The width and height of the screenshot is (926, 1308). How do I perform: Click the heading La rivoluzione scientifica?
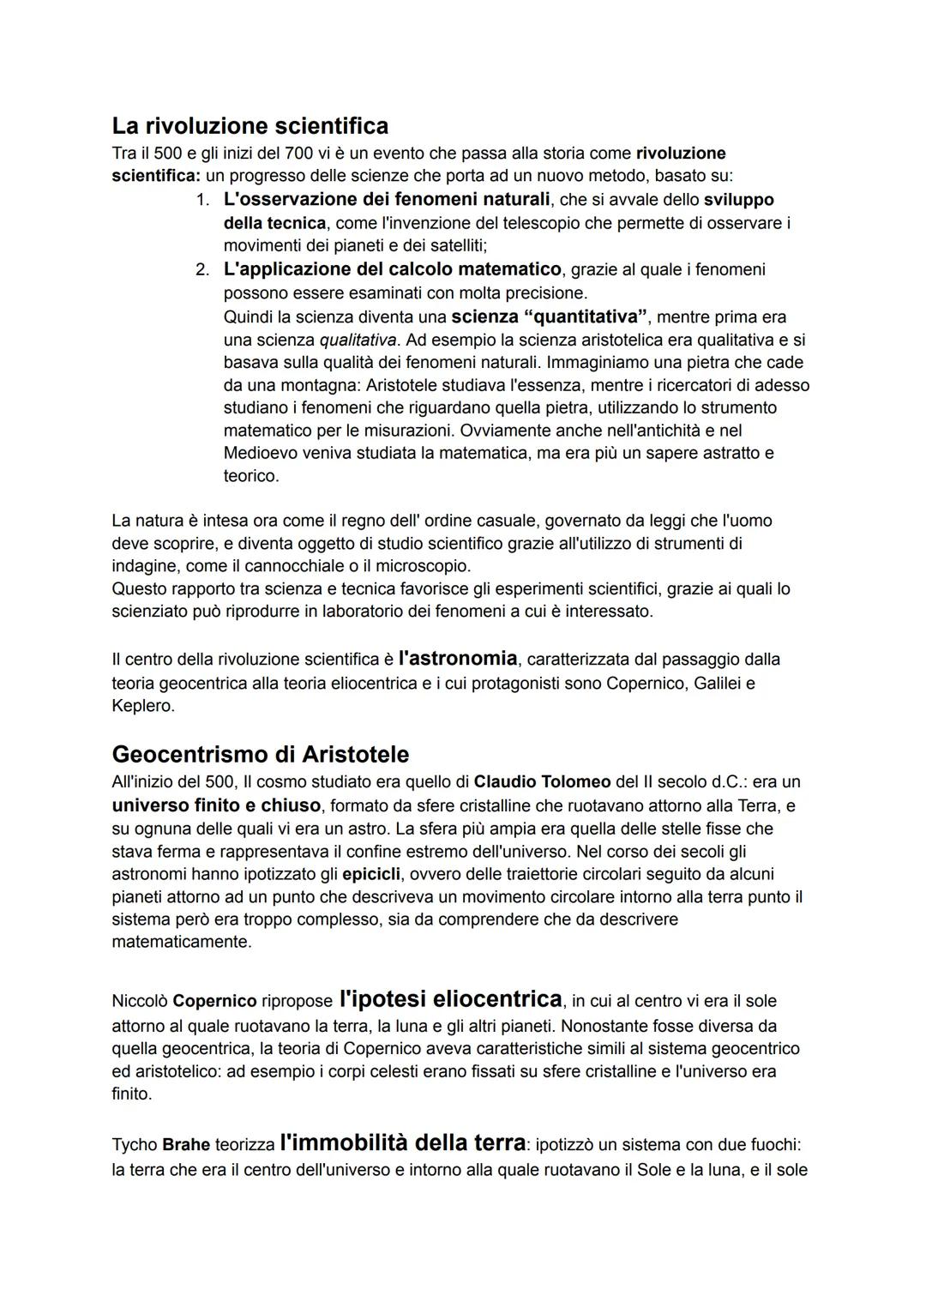tap(250, 126)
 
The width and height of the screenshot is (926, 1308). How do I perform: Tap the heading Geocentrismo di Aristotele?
tap(260, 754)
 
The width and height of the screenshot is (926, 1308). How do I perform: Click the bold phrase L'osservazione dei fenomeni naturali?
tap(386, 200)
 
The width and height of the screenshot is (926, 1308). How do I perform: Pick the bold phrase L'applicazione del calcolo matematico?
tap(392, 269)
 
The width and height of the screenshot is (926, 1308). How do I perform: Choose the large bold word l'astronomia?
tap(457, 659)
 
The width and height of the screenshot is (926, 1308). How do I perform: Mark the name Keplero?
tap(143, 706)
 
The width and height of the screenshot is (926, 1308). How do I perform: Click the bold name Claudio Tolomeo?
tap(542, 782)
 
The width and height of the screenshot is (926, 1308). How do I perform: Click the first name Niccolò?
tap(140, 1001)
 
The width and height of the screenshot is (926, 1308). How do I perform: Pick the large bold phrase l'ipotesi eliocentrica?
tap(450, 999)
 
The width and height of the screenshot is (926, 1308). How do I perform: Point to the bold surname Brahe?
tap(186, 1145)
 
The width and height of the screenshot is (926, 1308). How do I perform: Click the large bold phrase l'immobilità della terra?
tap(402, 1143)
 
